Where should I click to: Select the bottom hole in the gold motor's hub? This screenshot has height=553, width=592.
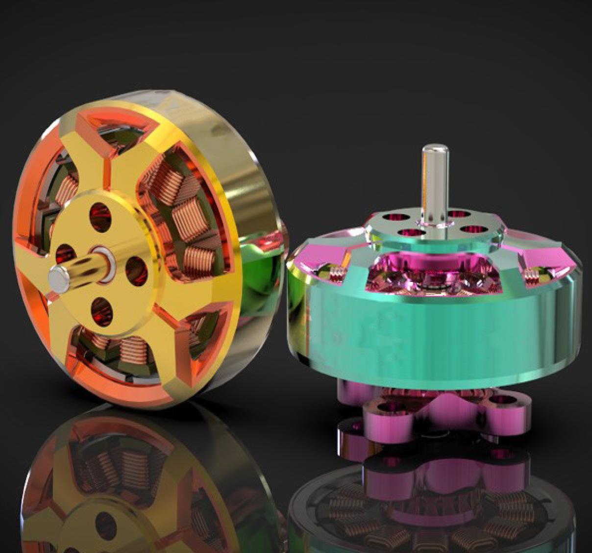(x=101, y=309)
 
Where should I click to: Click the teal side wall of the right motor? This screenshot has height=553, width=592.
(x=431, y=333)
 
